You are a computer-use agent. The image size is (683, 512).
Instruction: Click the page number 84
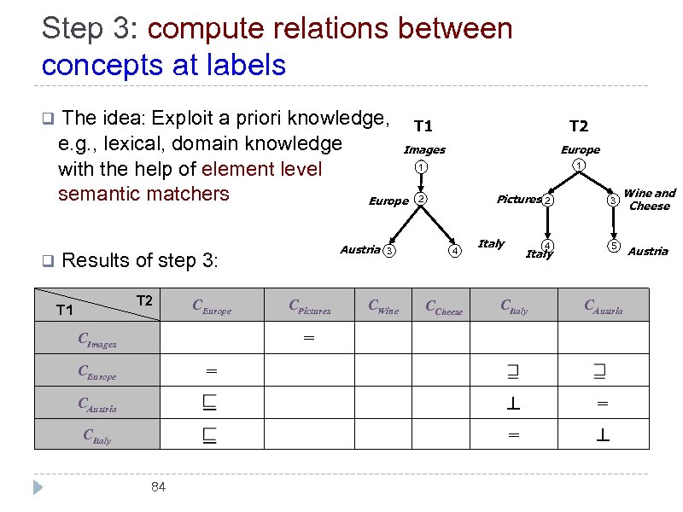(x=157, y=487)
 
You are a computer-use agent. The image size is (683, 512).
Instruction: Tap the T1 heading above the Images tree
(x=423, y=126)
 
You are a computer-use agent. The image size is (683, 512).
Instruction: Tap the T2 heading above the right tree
(x=578, y=126)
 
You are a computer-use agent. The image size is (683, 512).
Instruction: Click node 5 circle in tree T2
(x=612, y=247)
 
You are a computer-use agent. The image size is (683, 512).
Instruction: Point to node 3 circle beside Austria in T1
(x=388, y=251)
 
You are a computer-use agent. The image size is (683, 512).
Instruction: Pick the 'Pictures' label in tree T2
(x=518, y=200)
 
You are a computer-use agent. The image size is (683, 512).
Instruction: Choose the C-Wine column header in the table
(x=382, y=307)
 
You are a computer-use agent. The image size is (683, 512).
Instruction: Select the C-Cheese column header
(x=443, y=308)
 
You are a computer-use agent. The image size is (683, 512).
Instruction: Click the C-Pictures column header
(x=309, y=307)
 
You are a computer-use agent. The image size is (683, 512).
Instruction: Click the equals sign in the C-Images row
(x=308, y=338)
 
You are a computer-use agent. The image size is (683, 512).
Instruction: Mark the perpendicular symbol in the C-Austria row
(x=513, y=404)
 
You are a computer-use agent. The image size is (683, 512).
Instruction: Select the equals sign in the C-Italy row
(x=513, y=434)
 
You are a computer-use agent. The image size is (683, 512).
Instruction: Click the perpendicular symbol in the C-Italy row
(x=603, y=434)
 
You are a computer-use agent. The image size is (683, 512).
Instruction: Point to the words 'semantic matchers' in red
(x=143, y=194)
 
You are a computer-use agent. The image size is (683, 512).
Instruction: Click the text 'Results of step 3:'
(x=141, y=260)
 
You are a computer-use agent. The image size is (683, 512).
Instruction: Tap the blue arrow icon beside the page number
(x=37, y=487)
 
